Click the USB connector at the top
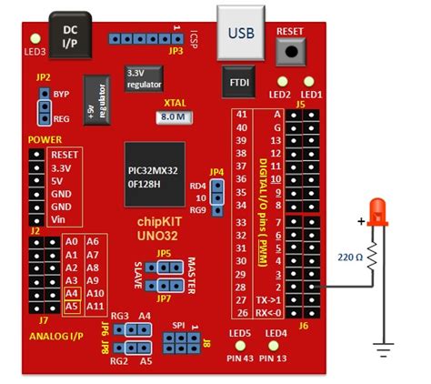tap(241, 33)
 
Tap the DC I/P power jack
tap(69, 37)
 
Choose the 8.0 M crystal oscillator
tap(173, 118)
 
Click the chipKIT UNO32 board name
tap(163, 228)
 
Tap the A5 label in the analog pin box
tap(73, 307)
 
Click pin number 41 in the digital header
tap(241, 115)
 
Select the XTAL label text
tap(173, 103)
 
